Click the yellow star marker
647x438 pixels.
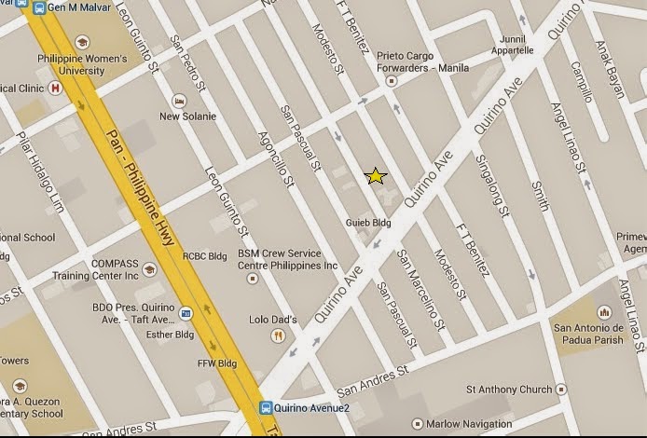point(375,176)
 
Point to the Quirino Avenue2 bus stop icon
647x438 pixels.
point(267,408)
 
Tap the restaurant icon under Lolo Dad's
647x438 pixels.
point(277,335)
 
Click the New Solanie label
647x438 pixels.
point(187,116)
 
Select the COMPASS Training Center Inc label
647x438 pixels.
point(115,270)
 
